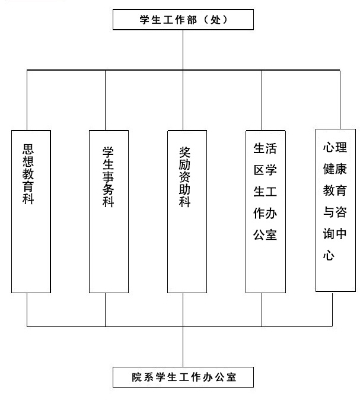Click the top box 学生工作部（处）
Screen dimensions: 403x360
coord(183,20)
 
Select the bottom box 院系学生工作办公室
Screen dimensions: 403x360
coord(183,376)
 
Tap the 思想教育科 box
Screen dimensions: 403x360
coord(27,211)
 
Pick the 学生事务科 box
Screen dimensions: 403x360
coord(108,211)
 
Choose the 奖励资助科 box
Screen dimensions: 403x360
coord(186,211)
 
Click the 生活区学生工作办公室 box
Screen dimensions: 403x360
coord(265,211)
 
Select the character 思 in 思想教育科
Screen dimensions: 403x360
coord(27,148)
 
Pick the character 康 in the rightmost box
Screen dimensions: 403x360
coord(345,167)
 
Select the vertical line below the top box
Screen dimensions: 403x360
coord(183,50)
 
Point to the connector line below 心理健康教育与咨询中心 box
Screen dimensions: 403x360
coord(333,309)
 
